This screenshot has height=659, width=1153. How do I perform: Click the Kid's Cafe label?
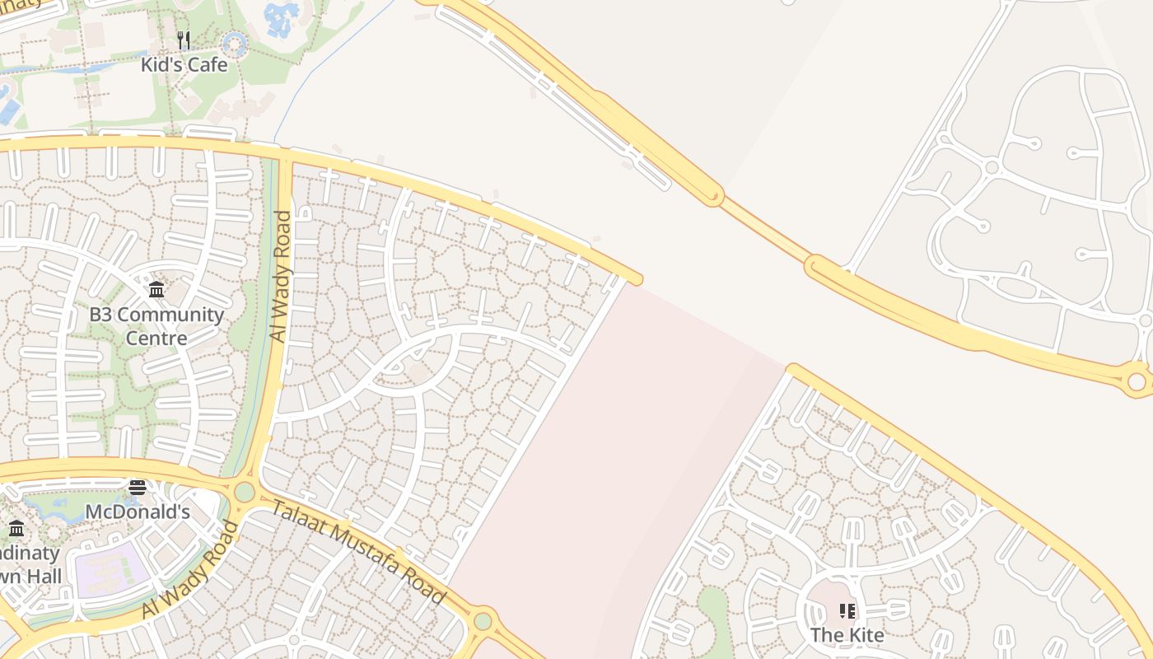(184, 64)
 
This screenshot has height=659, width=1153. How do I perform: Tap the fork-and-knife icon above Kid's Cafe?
(184, 40)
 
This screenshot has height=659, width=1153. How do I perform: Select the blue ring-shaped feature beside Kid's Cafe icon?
(236, 43)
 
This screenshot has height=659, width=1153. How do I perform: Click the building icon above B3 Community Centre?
(156, 289)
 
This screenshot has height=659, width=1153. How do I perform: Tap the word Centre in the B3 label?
(156, 338)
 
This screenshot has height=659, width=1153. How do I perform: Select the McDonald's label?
(138, 512)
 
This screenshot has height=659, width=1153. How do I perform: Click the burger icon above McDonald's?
(138, 487)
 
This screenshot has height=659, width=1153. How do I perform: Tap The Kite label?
(847, 635)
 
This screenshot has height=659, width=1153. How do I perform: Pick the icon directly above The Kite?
(847, 610)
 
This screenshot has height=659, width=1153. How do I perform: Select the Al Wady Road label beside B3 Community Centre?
(280, 276)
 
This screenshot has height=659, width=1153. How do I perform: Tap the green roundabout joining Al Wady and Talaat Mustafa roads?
(244, 492)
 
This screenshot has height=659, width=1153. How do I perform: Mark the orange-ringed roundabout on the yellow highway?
(1137, 381)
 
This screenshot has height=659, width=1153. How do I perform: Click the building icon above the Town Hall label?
(16, 528)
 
